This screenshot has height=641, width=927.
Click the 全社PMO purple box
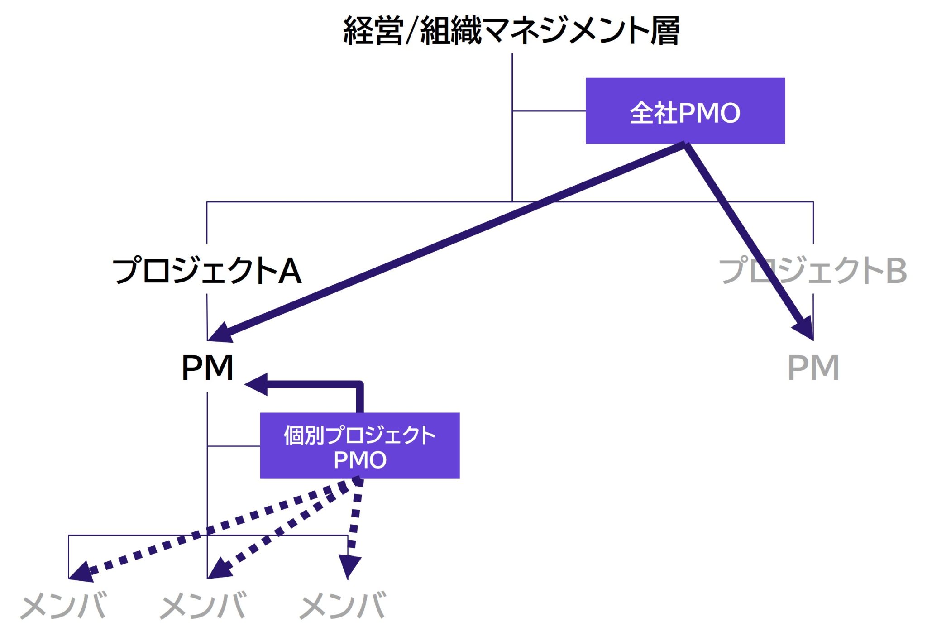(x=685, y=111)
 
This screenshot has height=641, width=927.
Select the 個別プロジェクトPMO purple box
(x=359, y=445)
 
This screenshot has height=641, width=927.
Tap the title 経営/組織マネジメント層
(x=511, y=31)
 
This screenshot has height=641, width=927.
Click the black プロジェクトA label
(x=207, y=270)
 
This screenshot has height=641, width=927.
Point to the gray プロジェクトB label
(x=812, y=270)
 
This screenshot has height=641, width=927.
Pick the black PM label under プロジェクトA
(x=207, y=368)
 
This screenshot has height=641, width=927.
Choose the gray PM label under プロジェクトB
(x=813, y=368)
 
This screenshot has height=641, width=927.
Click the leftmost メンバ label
(x=63, y=605)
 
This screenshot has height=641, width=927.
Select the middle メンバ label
(x=203, y=605)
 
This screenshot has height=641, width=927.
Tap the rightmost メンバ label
(x=342, y=605)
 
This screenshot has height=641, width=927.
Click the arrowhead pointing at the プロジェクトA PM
(x=219, y=334)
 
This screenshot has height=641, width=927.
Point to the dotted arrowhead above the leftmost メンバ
(x=81, y=572)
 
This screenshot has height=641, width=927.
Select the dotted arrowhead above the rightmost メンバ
(x=349, y=566)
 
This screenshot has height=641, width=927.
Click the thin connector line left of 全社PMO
(x=549, y=111)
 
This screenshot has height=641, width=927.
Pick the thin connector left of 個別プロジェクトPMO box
(x=234, y=446)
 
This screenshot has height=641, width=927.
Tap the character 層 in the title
(x=664, y=31)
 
